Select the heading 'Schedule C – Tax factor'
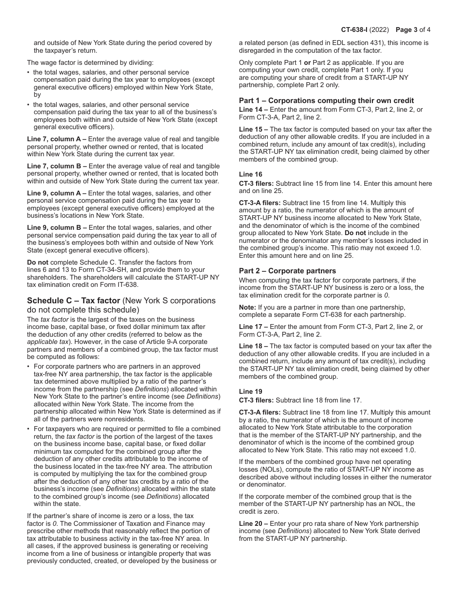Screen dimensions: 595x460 click(x=73, y=300)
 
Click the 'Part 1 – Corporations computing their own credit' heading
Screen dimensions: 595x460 click(x=326, y=101)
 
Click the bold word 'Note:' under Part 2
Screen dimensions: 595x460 click(x=248, y=307)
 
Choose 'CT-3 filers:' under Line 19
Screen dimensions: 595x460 click(x=256, y=400)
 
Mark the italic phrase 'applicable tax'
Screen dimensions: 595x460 click(x=48, y=342)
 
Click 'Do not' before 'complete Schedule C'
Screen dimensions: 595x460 click(x=38, y=262)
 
